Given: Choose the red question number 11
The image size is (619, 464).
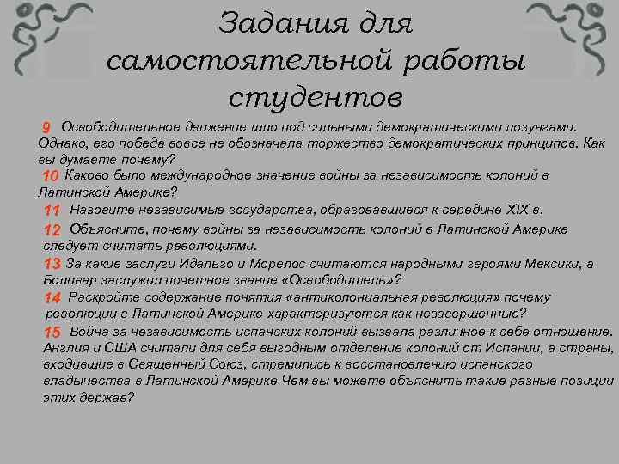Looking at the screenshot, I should [52, 211].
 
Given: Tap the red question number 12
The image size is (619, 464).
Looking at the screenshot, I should [52, 230].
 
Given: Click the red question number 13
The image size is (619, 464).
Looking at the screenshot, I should [52, 264].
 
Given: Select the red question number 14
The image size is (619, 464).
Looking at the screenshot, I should [52, 297].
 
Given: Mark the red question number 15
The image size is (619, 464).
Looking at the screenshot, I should [52, 332].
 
